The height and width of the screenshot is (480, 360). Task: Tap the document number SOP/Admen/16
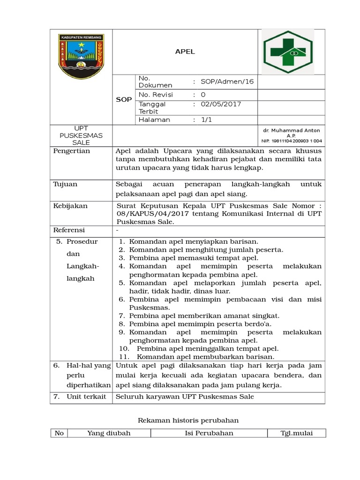[227, 82]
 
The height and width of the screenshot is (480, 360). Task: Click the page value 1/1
[206, 120]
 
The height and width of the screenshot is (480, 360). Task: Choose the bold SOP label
[124, 100]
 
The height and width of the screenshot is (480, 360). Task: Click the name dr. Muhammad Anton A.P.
[291, 132]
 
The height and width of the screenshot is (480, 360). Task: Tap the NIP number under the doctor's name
[291, 141]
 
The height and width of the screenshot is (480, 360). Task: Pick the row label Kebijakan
[70, 206]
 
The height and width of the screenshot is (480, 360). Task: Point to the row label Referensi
[70, 230]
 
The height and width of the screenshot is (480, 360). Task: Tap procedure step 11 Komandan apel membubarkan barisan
[203, 356]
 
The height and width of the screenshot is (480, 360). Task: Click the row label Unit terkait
[82, 397]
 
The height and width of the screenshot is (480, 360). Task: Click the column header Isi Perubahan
[209, 433]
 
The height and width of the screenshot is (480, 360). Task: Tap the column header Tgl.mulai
[296, 433]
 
